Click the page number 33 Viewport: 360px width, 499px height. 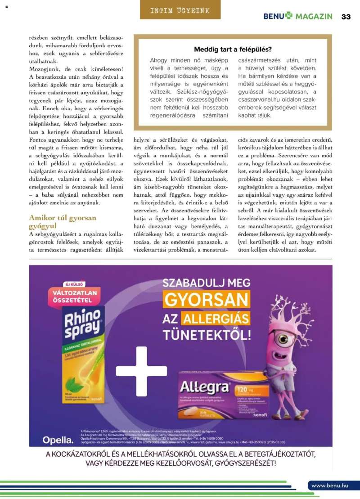tap(346, 16)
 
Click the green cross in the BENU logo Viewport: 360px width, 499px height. tap(288, 16)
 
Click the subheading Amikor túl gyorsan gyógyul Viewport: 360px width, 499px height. tap(63, 221)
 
